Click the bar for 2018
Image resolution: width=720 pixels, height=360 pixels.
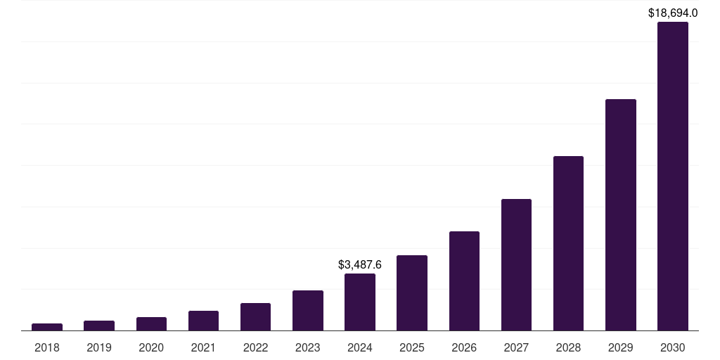tap(47, 327)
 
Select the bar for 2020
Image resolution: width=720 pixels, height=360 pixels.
tap(151, 323)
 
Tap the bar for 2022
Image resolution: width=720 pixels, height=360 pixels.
tap(255, 316)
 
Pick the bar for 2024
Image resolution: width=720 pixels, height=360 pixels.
tap(360, 302)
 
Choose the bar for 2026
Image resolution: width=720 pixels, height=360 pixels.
tap(464, 281)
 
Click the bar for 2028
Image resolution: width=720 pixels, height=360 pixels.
tap(568, 243)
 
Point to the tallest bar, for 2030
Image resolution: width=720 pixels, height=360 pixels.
tap(673, 176)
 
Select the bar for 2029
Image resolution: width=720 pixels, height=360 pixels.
tap(621, 214)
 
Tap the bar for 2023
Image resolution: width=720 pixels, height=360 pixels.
tap(308, 310)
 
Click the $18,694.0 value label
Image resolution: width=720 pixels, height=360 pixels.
tap(673, 13)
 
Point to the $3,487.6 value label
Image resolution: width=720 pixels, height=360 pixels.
tap(360, 264)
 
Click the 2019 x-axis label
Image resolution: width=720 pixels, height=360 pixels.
tap(99, 347)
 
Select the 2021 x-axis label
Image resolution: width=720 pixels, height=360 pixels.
tap(203, 347)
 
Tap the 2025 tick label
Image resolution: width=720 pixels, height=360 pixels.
tap(412, 347)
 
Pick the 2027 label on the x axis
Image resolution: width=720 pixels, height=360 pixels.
tap(516, 347)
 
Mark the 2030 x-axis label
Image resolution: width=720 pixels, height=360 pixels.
tap(673, 347)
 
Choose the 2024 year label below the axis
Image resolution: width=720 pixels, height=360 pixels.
tap(360, 347)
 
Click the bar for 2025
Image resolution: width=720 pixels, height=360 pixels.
tap(412, 292)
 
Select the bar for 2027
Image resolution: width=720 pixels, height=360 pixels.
tap(516, 264)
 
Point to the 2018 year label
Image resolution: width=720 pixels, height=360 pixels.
tap(47, 347)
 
